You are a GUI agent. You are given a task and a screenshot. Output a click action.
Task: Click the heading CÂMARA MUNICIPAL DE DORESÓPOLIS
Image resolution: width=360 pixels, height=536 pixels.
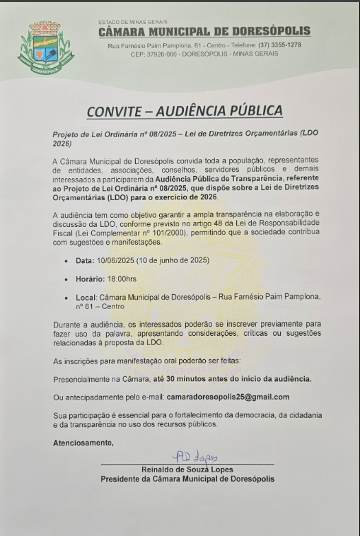click(204, 32)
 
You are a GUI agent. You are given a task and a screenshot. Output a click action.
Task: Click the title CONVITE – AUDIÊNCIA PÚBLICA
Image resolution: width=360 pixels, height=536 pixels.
click(184, 111)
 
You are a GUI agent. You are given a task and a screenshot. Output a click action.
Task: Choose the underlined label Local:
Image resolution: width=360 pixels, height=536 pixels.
click(88, 297)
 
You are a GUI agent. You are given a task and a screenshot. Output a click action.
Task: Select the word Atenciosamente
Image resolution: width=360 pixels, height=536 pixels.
click(83, 443)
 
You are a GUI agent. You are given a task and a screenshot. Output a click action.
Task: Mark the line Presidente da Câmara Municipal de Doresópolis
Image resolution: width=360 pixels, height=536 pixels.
click(187, 479)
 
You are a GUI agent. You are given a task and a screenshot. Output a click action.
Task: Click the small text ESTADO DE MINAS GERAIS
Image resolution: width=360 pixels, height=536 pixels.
click(129, 22)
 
